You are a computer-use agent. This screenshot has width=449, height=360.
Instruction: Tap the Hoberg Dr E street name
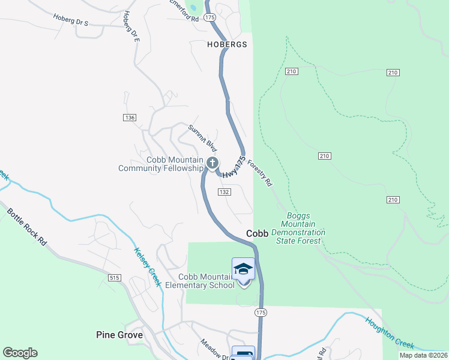click(130, 26)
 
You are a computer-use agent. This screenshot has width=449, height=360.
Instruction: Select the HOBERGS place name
click(227, 44)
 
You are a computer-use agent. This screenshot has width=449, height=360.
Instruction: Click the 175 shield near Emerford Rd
click(209, 19)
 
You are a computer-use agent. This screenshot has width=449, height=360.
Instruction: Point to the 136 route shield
click(130, 117)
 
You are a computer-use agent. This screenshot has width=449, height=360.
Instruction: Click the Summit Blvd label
click(202, 137)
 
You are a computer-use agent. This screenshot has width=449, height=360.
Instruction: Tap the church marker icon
click(212, 163)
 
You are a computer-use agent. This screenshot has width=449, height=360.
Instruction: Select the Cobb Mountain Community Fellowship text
click(161, 164)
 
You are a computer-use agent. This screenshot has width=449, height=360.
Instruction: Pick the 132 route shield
click(224, 192)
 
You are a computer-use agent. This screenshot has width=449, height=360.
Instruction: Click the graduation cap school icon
click(243, 268)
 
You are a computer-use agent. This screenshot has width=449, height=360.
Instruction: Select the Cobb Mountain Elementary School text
click(206, 281)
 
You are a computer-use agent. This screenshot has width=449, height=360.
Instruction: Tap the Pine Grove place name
click(119, 335)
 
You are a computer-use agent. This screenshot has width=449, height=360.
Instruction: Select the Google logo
click(20, 353)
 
